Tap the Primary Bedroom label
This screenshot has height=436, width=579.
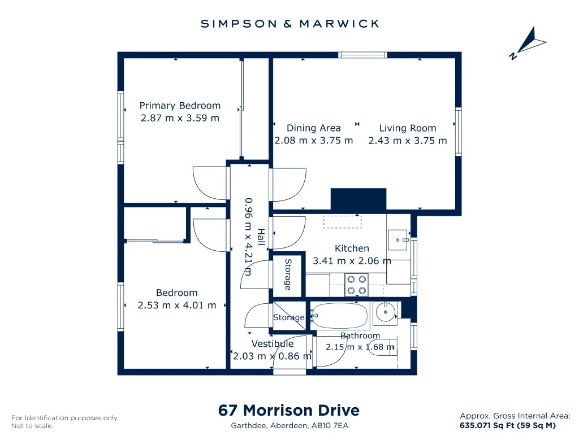coord(180,106)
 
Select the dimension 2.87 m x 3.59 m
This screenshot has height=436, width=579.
coord(180,118)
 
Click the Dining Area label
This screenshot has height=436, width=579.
coord(313,128)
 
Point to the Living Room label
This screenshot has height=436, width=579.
coord(408,128)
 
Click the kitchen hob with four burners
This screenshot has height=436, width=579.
coord(356,285)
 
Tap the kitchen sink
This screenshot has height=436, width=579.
coord(397,240)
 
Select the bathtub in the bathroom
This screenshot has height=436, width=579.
coord(340,316)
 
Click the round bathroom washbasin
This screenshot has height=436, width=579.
coord(385,313)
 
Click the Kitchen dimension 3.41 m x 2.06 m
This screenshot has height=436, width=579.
coord(352,261)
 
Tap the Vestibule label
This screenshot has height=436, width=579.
coord(273,344)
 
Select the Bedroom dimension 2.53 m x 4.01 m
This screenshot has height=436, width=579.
coord(177,306)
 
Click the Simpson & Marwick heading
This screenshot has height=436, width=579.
coord(290,24)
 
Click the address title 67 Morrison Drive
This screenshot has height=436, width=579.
coord(289,410)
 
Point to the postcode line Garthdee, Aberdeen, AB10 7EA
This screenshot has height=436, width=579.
coord(289,426)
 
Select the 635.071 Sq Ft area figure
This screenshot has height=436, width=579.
coord(487,425)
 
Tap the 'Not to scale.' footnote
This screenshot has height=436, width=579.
coord(32,426)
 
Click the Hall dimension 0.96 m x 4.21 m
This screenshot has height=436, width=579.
coord(249,237)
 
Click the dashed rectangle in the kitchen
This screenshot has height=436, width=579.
coord(342,222)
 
